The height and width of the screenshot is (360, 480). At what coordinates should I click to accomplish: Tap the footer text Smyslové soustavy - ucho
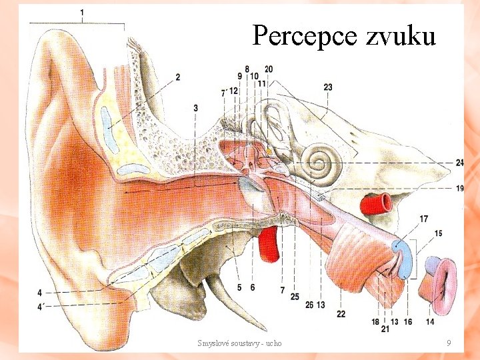[239, 343]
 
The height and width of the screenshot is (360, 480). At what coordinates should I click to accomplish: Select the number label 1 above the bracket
[81, 13]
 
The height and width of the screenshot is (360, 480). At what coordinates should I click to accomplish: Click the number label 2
[178, 77]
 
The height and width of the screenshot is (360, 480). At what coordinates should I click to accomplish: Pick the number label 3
[195, 108]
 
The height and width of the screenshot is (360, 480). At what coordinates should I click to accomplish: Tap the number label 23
[327, 87]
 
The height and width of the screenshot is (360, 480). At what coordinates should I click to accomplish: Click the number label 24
[460, 163]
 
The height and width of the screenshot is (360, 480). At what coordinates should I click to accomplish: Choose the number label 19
[460, 189]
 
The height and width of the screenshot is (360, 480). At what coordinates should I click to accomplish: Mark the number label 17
[424, 219]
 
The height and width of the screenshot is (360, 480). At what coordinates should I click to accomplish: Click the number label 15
[437, 233]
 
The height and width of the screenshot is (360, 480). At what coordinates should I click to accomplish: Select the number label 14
[429, 322]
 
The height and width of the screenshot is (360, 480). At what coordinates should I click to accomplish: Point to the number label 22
[341, 314]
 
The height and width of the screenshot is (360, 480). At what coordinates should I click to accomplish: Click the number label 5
[239, 287]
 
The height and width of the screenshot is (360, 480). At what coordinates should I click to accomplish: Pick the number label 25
[295, 297]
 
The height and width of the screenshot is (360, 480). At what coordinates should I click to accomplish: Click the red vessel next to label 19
[377, 201]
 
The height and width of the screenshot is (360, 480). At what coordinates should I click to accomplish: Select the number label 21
[385, 329]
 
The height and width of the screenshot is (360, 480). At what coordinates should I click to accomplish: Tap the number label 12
[234, 91]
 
